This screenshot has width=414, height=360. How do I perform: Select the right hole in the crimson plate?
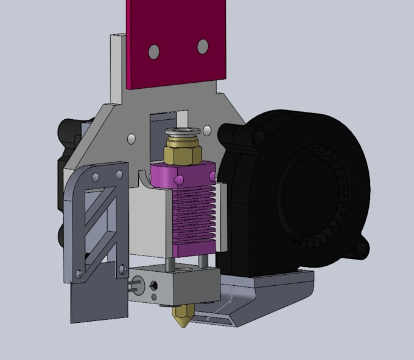pos(203,46)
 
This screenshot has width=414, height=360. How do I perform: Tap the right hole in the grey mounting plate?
pos(208,130)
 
